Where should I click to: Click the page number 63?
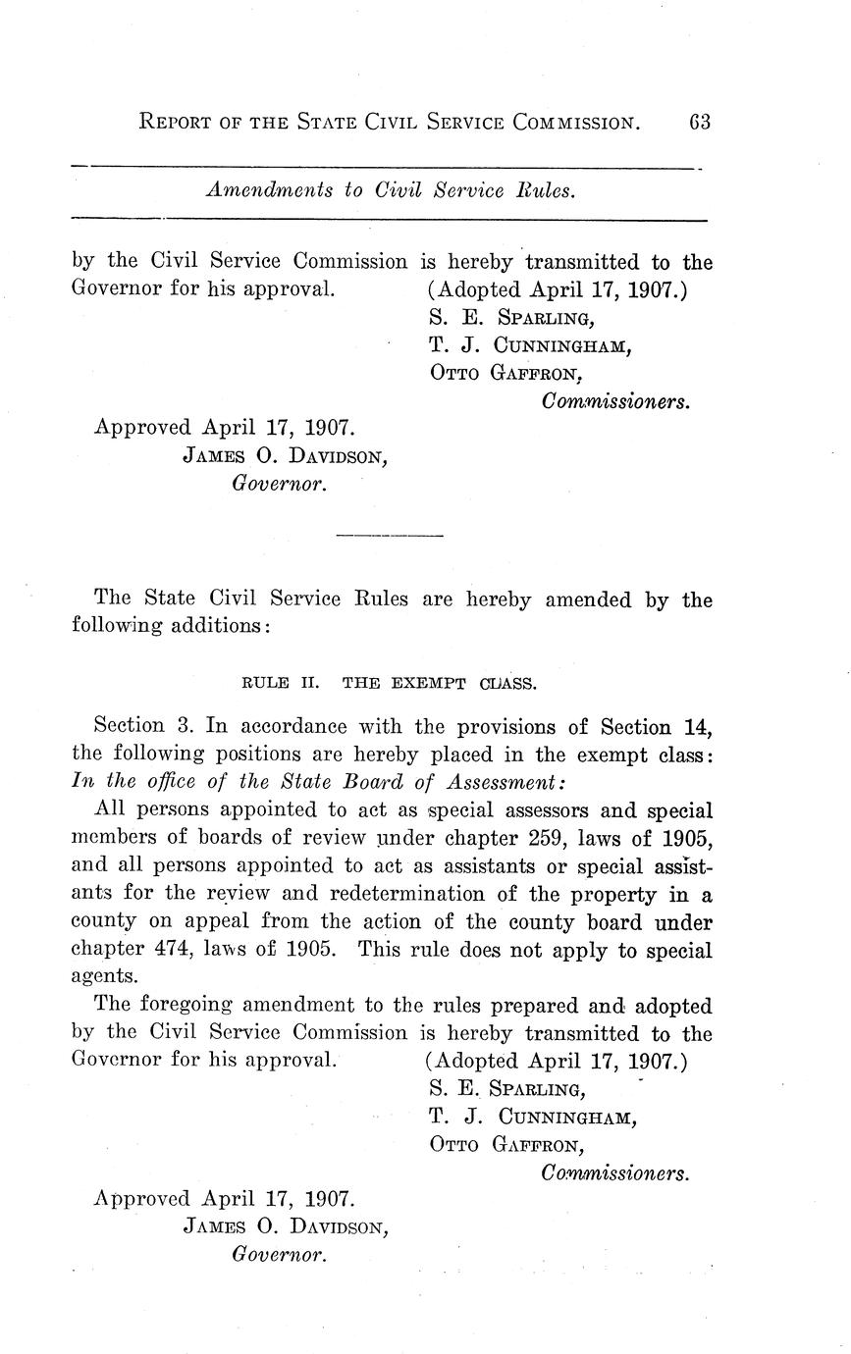699,123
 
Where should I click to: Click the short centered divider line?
390,536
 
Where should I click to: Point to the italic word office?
162,782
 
